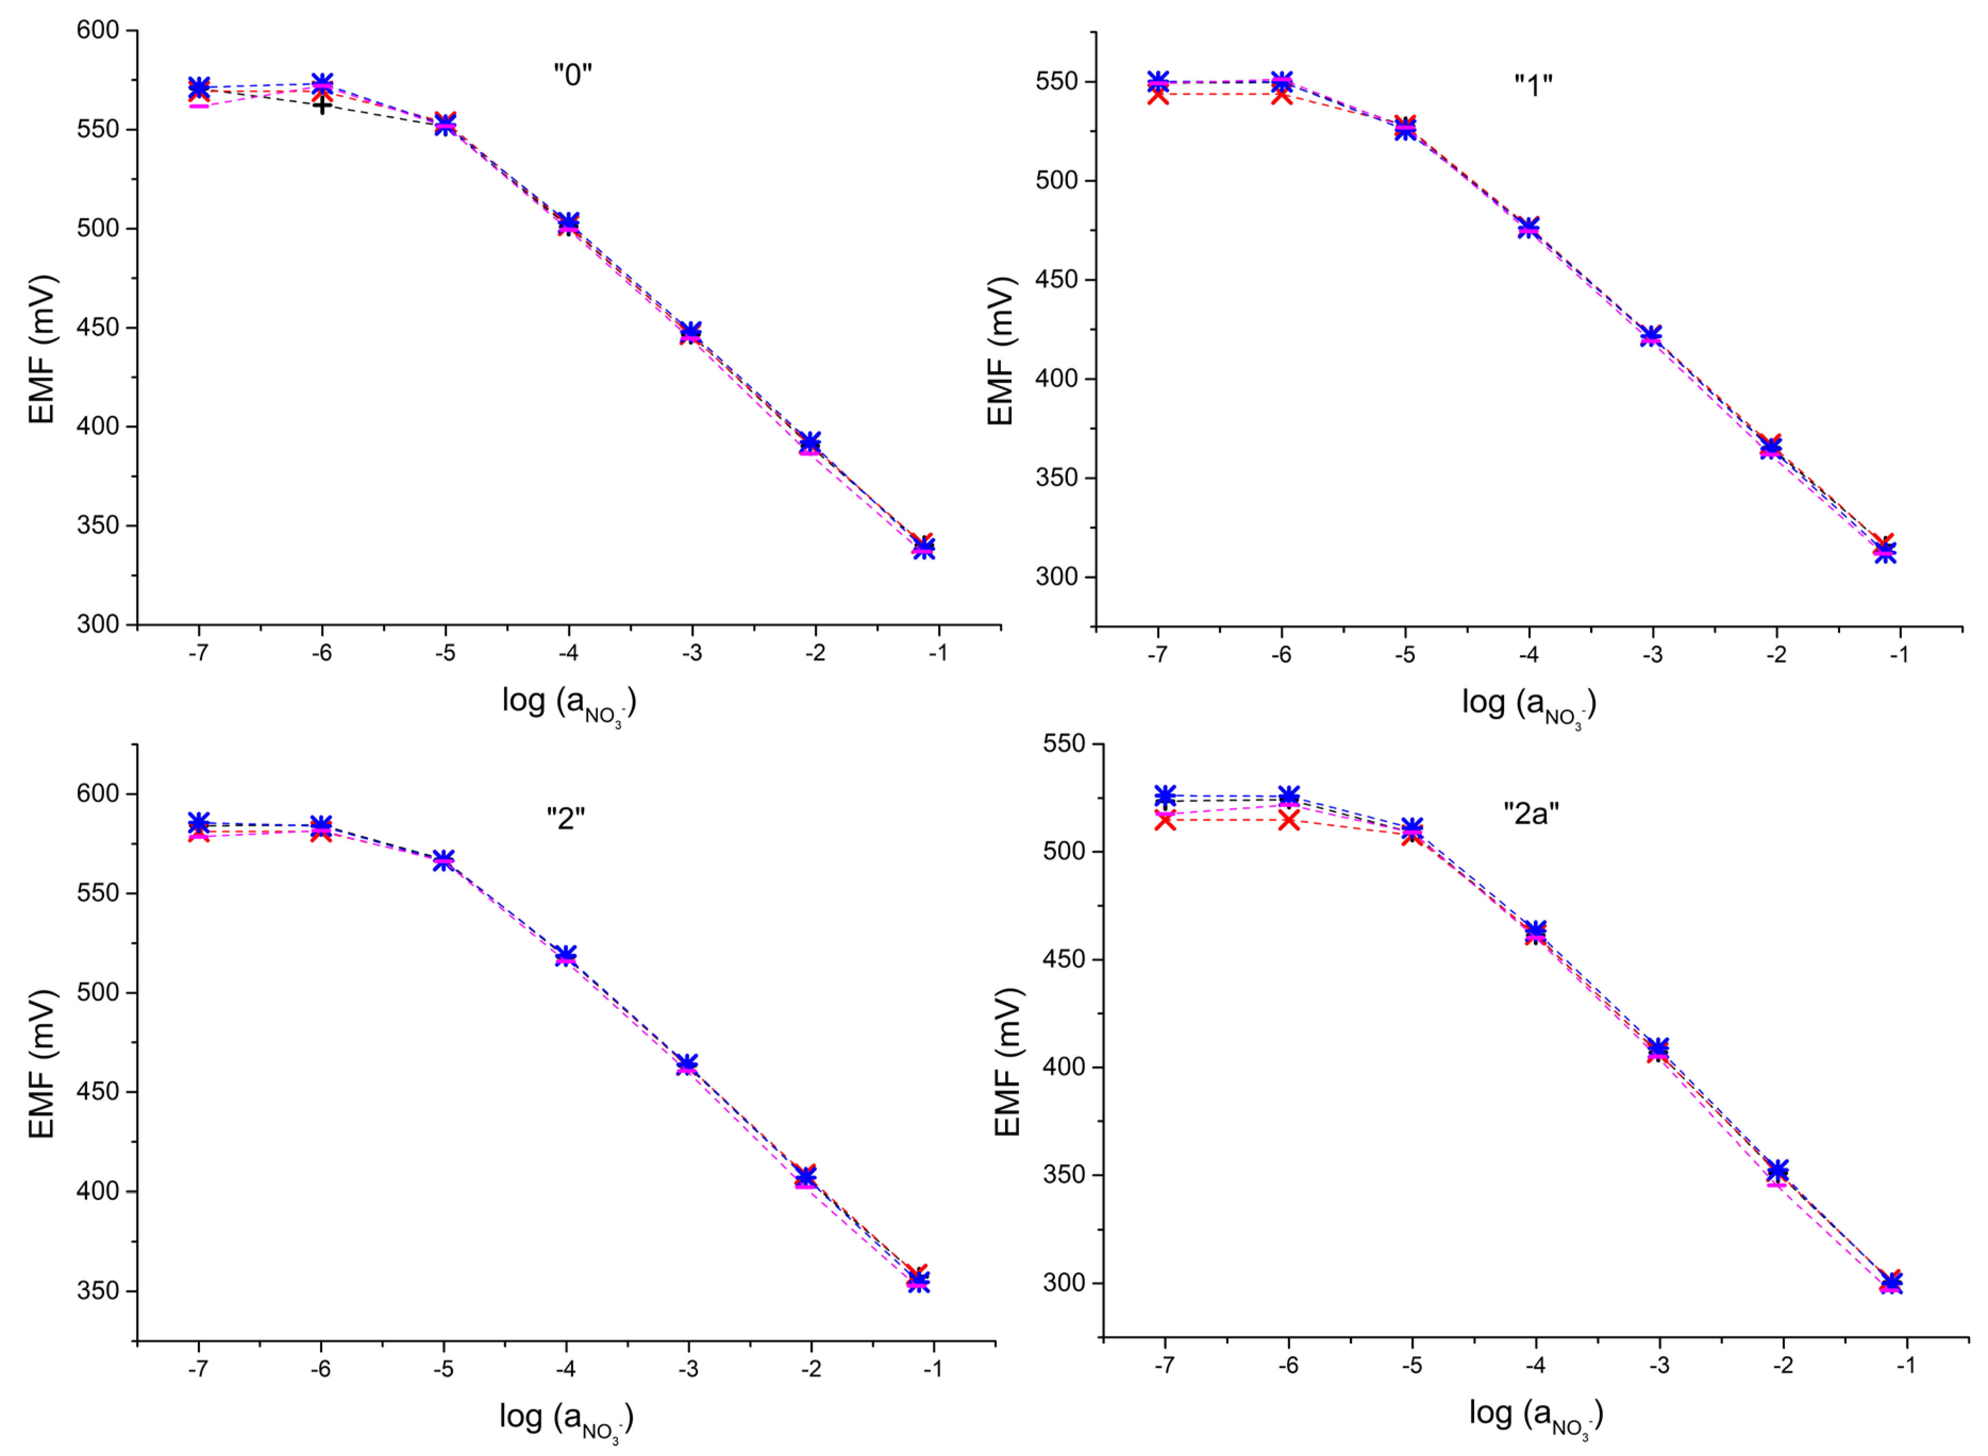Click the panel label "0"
(572, 75)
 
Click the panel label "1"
(1533, 86)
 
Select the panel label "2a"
(1531, 813)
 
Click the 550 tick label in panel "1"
(1057, 82)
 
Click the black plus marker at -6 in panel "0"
(323, 105)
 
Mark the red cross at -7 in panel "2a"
(1165, 821)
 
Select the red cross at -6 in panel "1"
(1282, 94)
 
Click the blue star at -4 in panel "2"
(566, 955)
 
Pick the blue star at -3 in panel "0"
(691, 331)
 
